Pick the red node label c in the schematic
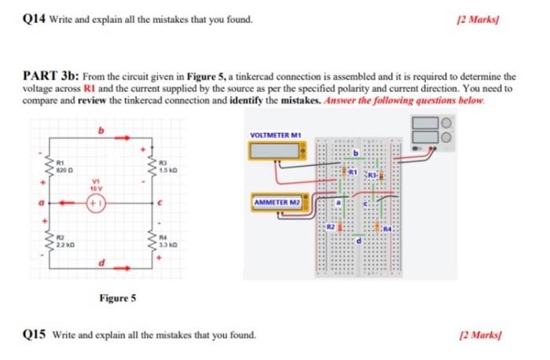click(x=159, y=204)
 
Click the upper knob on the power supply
click(x=447, y=122)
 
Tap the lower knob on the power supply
click(x=447, y=138)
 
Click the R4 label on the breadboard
click(x=387, y=229)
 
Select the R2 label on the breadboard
click(x=332, y=226)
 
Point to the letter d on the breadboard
click(x=359, y=241)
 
